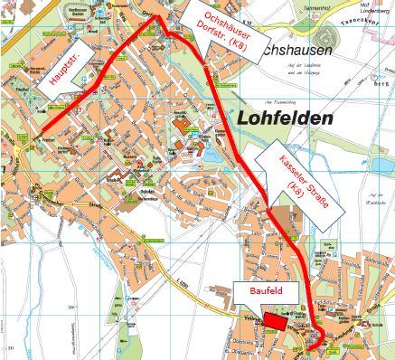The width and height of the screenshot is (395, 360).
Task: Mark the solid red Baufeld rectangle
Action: [x=275, y=321]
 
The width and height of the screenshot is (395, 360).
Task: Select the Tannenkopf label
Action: [x=366, y=28]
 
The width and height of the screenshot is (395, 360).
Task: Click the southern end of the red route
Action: [x=310, y=347]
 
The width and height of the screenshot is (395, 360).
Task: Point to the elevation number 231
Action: [x=10, y=347]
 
